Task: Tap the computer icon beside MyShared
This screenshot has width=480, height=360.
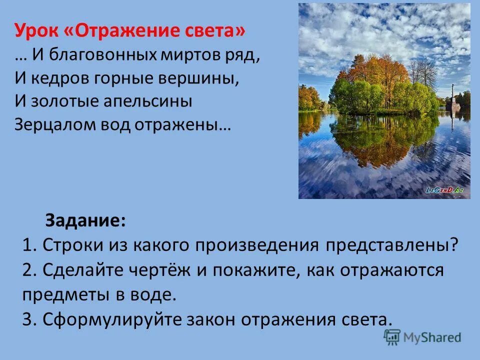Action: pos(392,337)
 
